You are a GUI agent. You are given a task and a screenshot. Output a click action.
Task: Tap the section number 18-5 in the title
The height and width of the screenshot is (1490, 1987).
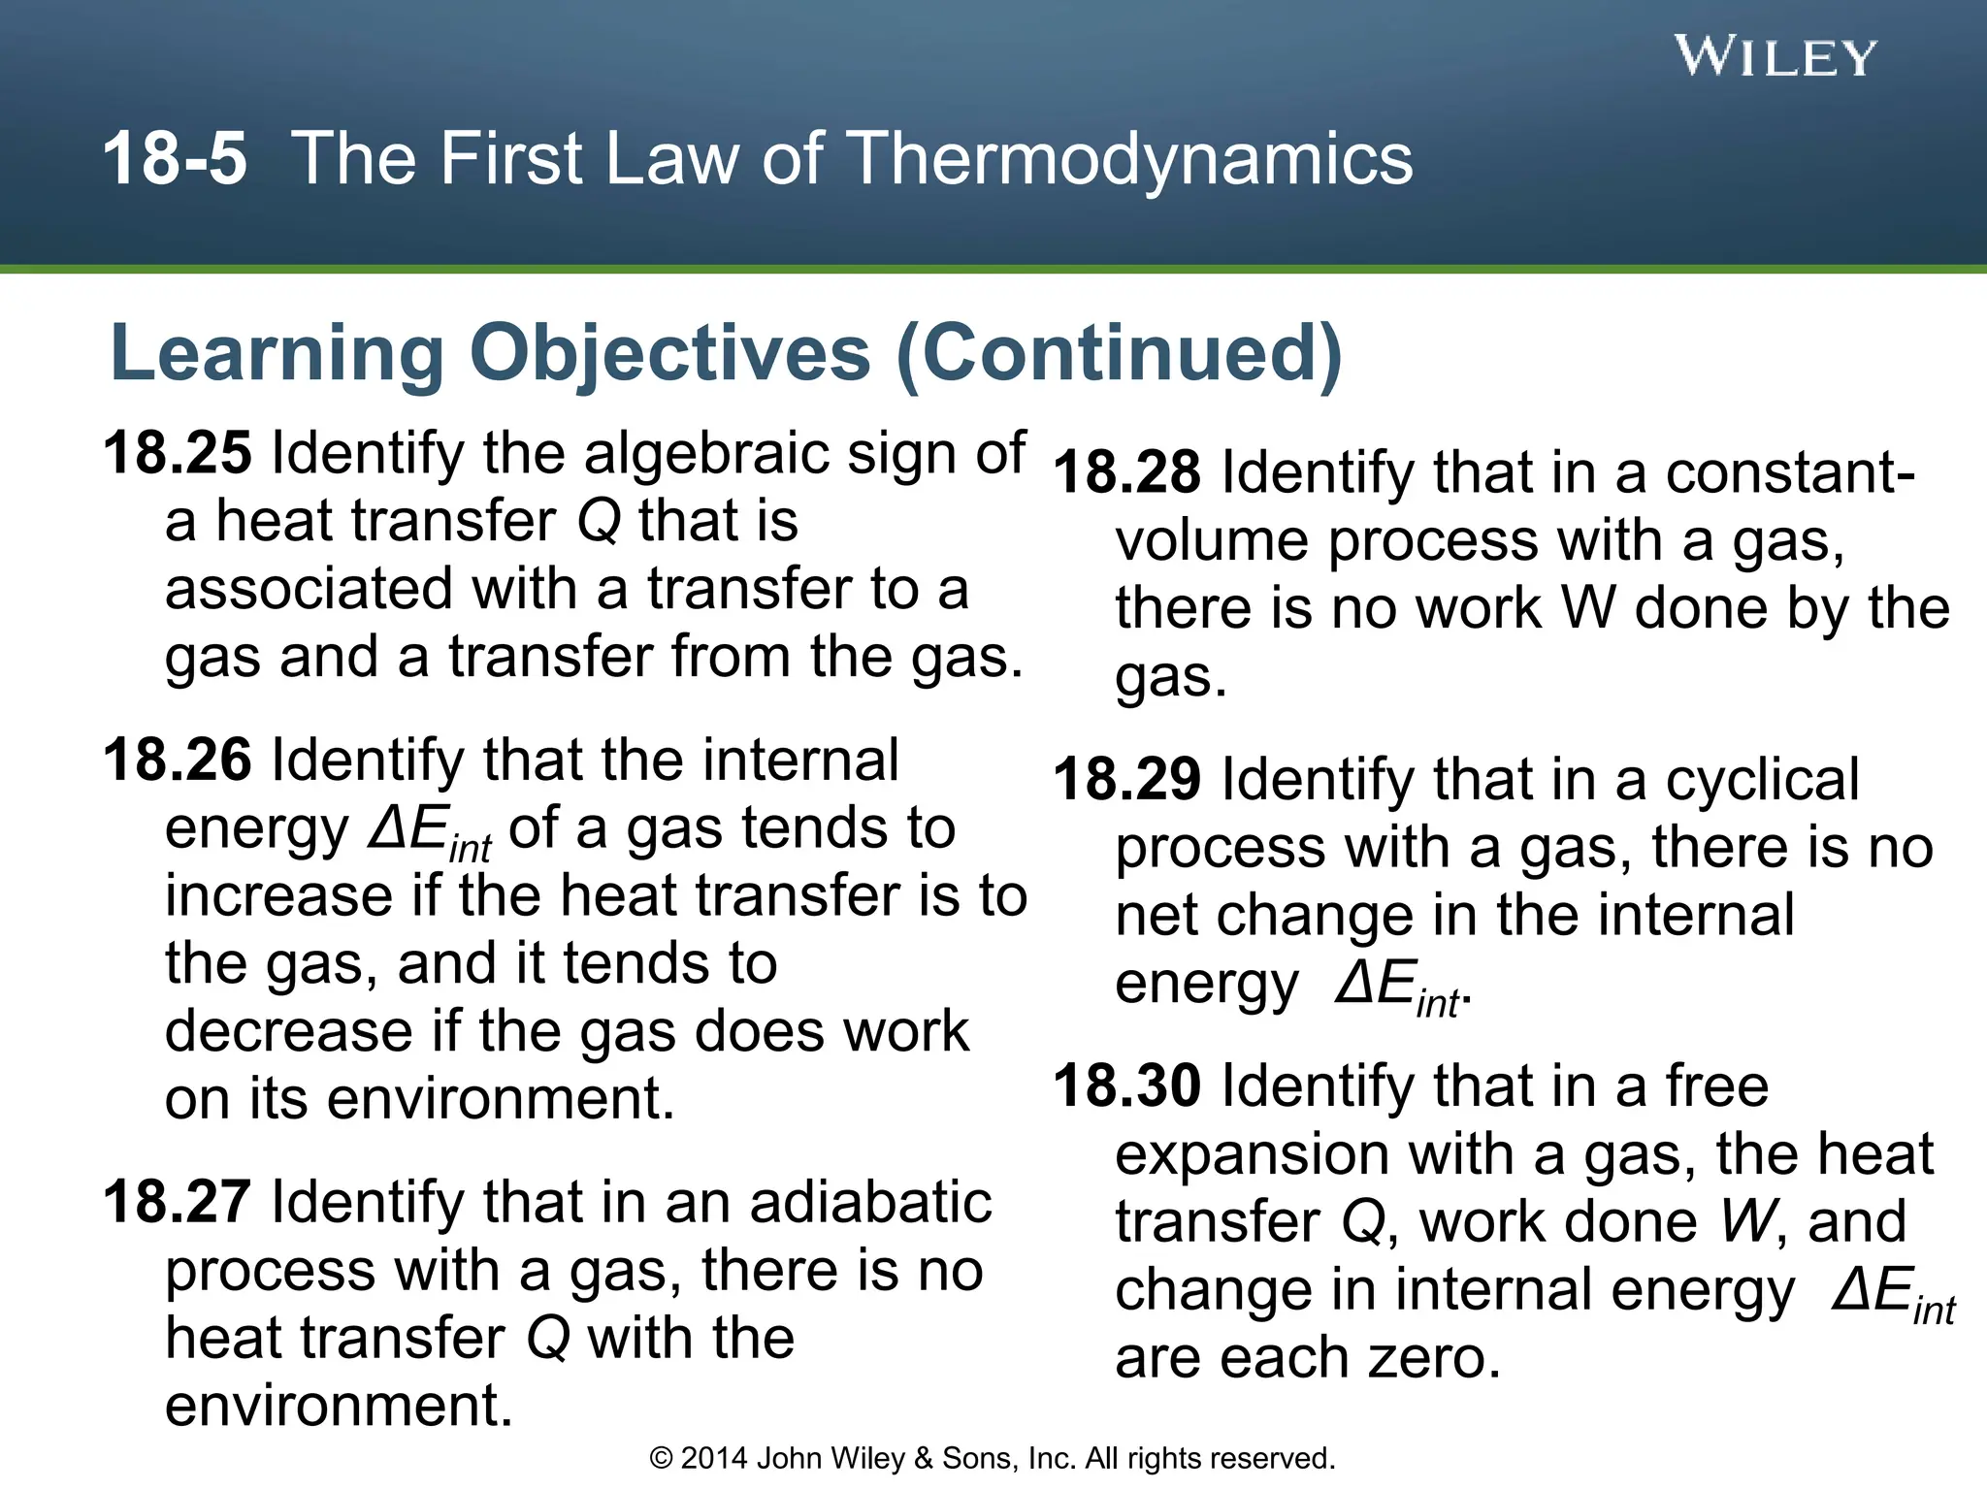[175, 158]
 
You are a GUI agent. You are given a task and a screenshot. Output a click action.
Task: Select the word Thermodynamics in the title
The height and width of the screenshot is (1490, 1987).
[1130, 158]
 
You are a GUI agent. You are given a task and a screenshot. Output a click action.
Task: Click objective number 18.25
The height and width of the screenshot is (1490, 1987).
[178, 453]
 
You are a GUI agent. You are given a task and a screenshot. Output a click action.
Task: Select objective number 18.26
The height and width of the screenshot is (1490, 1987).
[178, 760]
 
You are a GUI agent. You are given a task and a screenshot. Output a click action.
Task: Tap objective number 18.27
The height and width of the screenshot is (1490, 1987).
[178, 1202]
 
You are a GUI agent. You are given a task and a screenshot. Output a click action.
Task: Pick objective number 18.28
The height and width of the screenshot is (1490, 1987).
[1127, 472]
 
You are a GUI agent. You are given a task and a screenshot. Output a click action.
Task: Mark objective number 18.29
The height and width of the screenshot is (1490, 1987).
[1127, 779]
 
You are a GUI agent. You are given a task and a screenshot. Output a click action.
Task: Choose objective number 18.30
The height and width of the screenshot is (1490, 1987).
[1127, 1085]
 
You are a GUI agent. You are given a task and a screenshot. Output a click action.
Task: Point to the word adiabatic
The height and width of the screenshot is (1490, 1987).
[870, 1202]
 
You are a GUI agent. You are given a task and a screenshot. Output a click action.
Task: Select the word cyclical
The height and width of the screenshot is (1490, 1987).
[1762, 779]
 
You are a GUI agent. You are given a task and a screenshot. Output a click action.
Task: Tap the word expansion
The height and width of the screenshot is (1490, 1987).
[1253, 1155]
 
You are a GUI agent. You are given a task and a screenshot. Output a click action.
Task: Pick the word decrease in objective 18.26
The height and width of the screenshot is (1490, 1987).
[289, 1030]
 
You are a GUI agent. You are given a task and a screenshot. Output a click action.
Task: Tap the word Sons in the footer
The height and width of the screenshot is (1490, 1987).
[980, 1458]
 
